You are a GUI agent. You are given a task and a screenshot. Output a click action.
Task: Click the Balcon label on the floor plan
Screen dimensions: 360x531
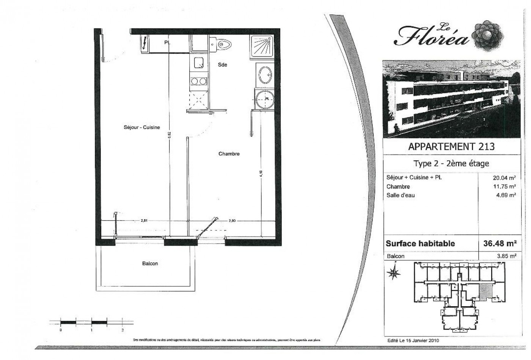150,263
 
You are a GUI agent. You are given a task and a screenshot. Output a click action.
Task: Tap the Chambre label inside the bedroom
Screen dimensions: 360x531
229,154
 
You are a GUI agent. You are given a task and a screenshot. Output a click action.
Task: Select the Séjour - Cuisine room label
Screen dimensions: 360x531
142,128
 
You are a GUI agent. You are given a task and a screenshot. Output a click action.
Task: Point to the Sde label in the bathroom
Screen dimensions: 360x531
222,65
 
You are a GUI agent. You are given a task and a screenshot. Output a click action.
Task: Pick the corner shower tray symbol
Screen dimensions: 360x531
261,47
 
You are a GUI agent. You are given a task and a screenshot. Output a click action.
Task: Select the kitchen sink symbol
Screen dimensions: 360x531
199,63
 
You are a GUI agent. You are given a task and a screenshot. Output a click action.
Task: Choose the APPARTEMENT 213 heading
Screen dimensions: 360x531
451,147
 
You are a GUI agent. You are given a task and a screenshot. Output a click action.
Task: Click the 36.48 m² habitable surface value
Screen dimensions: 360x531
500,243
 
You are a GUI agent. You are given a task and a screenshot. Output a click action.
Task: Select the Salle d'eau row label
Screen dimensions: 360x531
401,195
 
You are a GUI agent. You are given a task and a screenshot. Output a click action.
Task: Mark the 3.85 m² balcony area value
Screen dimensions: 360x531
507,256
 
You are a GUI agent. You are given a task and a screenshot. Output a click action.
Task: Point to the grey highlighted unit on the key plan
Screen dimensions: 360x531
485,291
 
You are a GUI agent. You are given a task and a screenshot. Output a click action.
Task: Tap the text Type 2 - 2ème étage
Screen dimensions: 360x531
451,164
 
